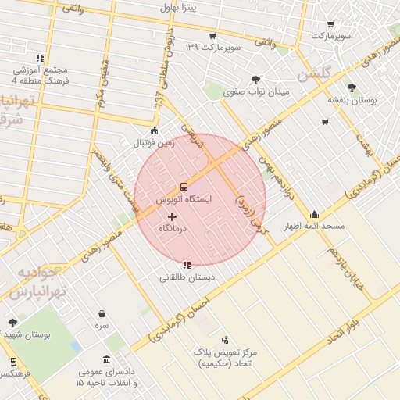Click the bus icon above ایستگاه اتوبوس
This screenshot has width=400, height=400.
coord(184,187)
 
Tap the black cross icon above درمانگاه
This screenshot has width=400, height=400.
coord(173,216)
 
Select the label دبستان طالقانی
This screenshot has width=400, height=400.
coord(187,277)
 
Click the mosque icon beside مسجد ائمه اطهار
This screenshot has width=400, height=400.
coord(314,215)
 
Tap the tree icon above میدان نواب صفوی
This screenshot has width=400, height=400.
coord(255,79)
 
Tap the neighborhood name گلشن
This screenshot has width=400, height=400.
coord(316,76)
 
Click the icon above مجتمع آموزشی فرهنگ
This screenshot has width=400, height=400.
coord(39,57)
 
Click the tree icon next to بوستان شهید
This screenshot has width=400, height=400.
coord(12,323)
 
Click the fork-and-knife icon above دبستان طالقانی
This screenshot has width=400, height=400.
coord(186,265)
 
